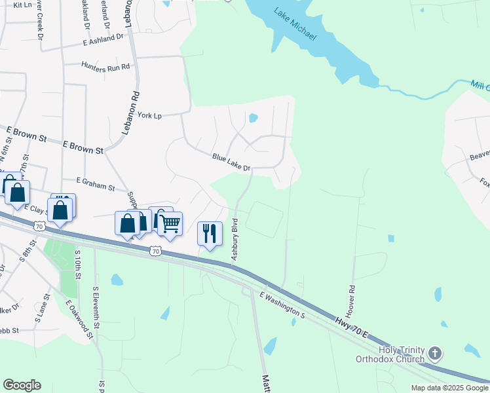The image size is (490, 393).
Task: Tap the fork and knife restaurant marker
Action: [x=210, y=234]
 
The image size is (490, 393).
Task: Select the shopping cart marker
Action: [x=170, y=224]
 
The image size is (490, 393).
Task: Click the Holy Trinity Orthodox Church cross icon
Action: [x=435, y=355]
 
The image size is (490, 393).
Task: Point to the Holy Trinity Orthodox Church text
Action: [x=390, y=354]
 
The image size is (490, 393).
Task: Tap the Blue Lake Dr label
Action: [x=231, y=163]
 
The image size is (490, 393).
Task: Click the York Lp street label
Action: [x=149, y=115]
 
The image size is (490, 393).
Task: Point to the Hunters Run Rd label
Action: [x=106, y=66]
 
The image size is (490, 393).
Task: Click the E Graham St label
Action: [x=96, y=184]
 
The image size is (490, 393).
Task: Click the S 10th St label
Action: [x=77, y=267]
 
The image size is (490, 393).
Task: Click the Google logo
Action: [x=22, y=385]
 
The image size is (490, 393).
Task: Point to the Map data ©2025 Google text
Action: [x=449, y=388]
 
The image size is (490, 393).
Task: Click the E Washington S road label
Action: [x=282, y=305]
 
